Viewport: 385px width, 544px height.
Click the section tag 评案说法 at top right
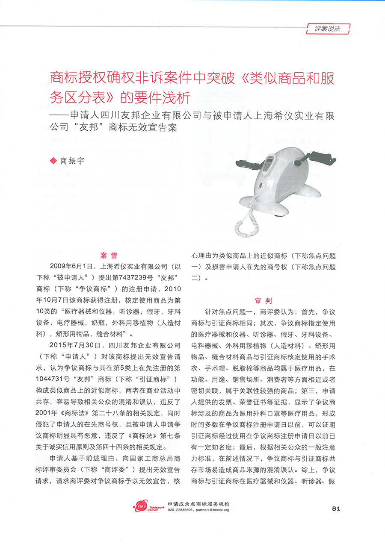(x=328, y=29)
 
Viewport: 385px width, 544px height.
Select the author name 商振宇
(x=72, y=161)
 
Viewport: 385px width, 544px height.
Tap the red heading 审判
(x=263, y=300)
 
